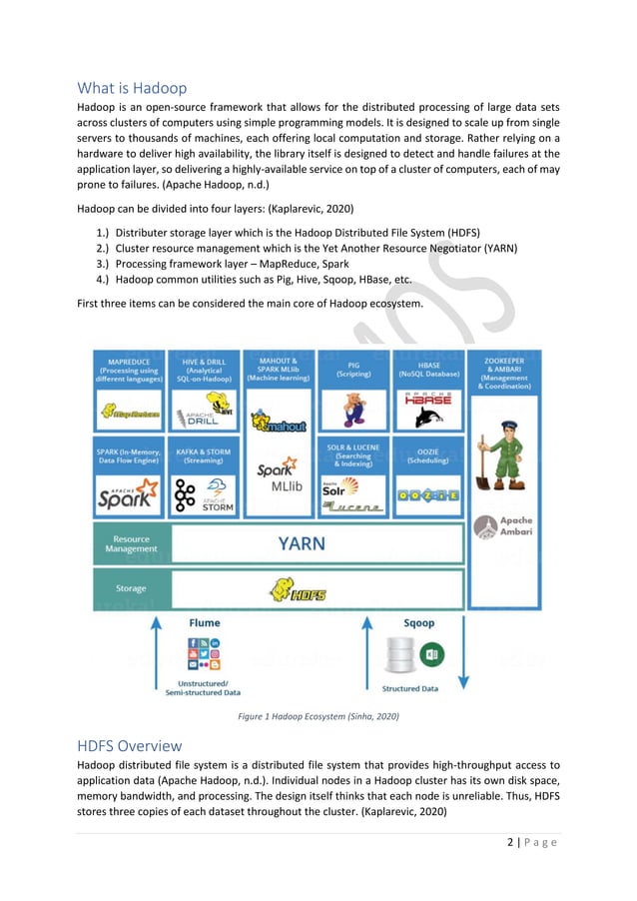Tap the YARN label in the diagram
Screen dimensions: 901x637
pyautogui.click(x=301, y=544)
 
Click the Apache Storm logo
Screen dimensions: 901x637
pyautogui.click(x=203, y=493)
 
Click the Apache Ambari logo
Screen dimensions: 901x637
pyautogui.click(x=503, y=529)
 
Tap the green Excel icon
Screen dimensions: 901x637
pyautogui.click(x=432, y=655)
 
